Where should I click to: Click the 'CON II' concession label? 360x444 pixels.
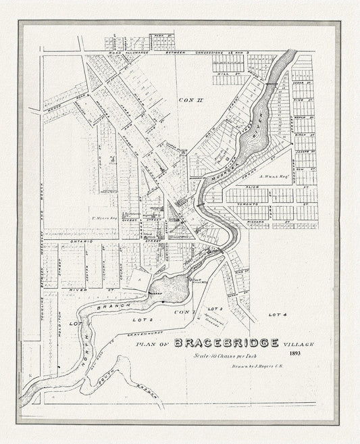tap(186, 100)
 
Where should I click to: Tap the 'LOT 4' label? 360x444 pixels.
tap(278, 315)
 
